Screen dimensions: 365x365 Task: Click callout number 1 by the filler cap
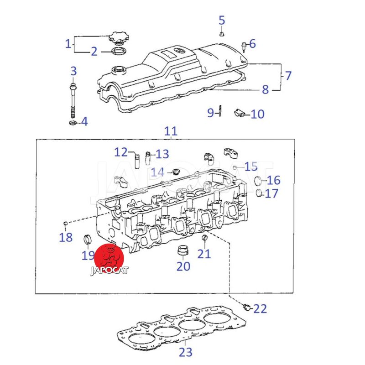pyautogui.click(x=68, y=44)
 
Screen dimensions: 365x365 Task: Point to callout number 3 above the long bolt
pyautogui.click(x=73, y=71)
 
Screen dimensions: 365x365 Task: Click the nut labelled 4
pyautogui.click(x=72, y=122)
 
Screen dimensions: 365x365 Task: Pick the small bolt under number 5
pyautogui.click(x=221, y=33)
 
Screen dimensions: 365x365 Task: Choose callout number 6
pyautogui.click(x=252, y=44)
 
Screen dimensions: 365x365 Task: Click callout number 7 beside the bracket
pyautogui.click(x=288, y=75)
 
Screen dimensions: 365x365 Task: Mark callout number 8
pyautogui.click(x=265, y=89)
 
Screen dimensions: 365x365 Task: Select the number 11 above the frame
pyautogui.click(x=170, y=132)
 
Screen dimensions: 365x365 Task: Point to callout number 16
pyautogui.click(x=273, y=180)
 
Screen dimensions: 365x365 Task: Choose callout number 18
pyautogui.click(x=66, y=237)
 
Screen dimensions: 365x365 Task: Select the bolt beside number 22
pyautogui.click(x=246, y=307)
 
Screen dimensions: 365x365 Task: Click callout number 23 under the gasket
pyautogui.click(x=186, y=352)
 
